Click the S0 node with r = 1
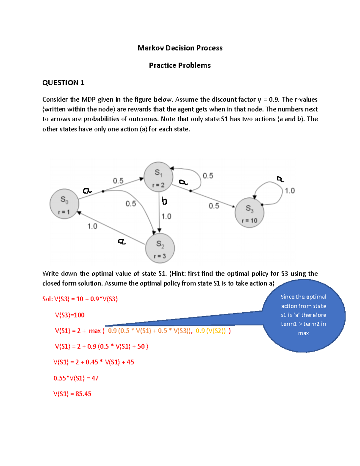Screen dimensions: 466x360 (64, 204)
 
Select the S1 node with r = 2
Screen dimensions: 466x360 (158, 177)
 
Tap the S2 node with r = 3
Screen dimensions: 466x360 (160, 248)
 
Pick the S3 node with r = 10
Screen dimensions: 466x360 (250, 213)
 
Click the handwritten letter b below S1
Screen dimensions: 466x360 (164, 201)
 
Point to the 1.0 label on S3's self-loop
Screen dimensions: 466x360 (289, 191)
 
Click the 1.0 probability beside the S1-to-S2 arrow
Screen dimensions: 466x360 (166, 216)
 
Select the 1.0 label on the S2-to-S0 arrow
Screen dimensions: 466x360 (92, 226)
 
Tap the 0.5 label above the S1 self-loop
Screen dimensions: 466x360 (208, 176)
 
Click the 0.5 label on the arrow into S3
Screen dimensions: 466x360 (214, 206)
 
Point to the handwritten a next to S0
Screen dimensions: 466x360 (87, 191)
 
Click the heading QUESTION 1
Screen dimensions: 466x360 (63, 83)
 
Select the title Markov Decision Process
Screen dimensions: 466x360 (180, 48)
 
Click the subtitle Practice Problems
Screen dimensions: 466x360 (180, 65)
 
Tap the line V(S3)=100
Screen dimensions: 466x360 (70, 315)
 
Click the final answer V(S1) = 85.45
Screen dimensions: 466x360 (72, 394)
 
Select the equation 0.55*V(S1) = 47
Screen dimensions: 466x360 (76, 378)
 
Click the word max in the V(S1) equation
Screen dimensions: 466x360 (94, 331)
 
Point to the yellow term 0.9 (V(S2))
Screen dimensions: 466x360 (211, 331)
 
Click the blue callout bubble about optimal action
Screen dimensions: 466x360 (304, 315)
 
